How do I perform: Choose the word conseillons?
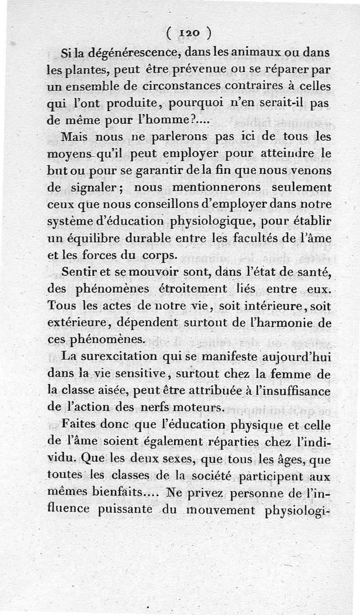click(x=162, y=204)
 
